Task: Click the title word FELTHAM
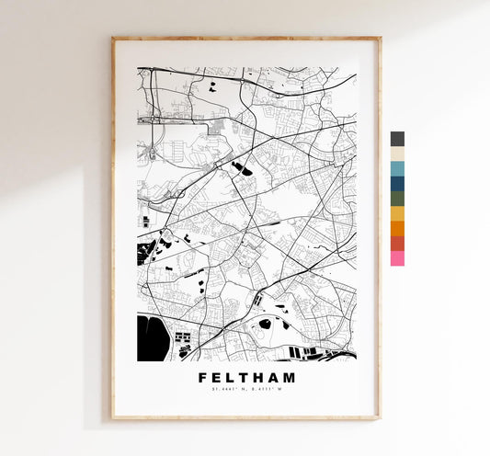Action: tap(245, 377)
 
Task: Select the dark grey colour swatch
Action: tap(397, 138)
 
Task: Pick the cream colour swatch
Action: tap(397, 154)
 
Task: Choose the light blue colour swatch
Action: tap(397, 168)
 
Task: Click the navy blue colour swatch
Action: tap(397, 183)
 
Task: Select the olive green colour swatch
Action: tap(397, 199)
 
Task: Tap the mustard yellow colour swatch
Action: tap(397, 213)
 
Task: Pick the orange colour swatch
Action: tap(397, 228)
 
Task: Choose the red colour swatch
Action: tap(397, 243)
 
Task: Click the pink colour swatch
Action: tap(397, 258)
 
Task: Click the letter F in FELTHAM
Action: tap(202, 377)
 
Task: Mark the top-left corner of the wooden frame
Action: tap(113, 39)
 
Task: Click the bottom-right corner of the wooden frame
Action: tap(380, 418)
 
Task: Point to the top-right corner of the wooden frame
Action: tap(380, 39)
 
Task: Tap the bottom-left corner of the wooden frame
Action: tap(113, 418)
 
